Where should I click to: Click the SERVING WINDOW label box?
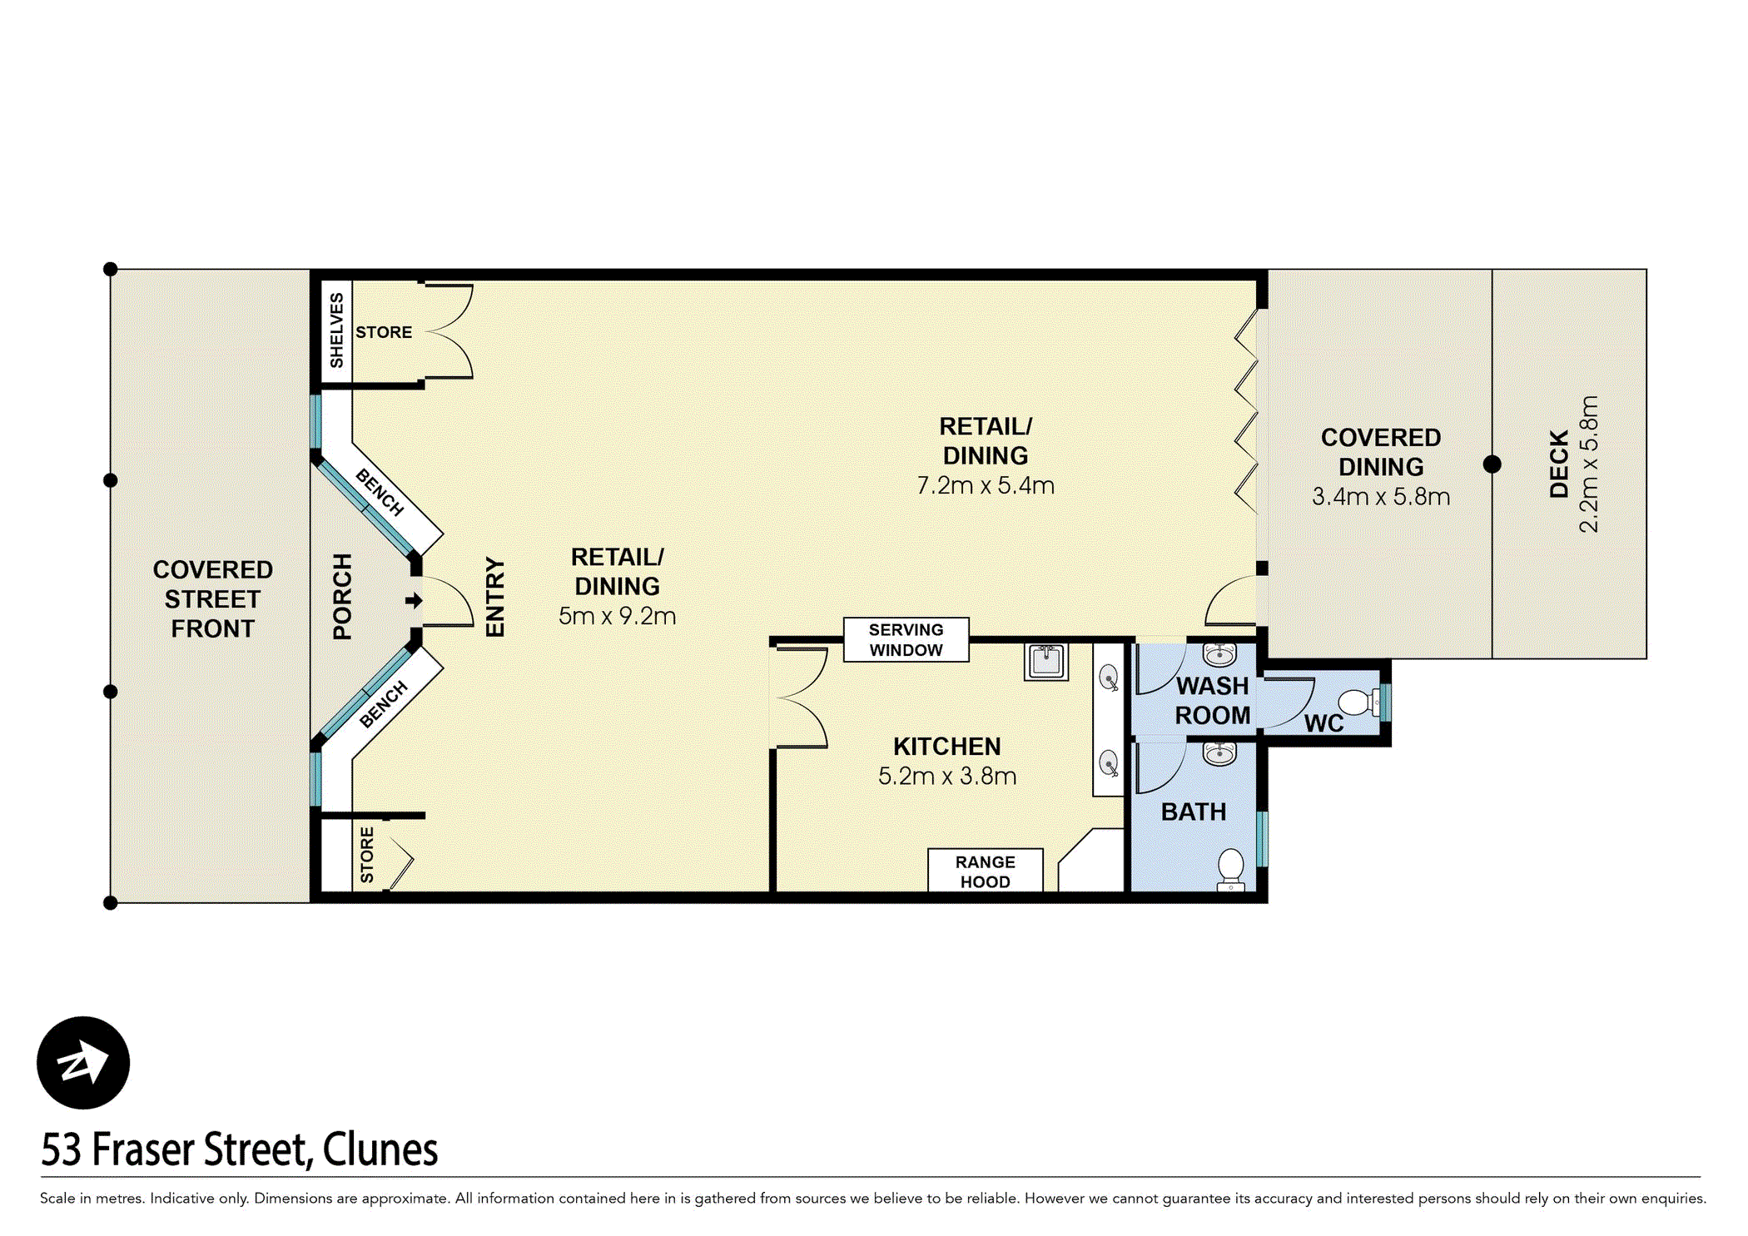point(906,639)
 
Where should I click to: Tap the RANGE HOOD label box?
point(985,871)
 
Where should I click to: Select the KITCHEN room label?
point(946,746)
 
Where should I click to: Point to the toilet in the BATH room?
point(1230,868)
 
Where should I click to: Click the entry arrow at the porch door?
point(414,600)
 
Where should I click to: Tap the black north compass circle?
point(83,1063)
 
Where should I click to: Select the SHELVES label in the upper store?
point(336,330)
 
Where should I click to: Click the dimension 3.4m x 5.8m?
point(1380,497)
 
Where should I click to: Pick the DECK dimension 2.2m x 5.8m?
point(1588,464)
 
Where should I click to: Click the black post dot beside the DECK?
point(1492,464)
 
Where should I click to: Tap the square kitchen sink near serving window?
point(1045,662)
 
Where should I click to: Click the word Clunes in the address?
point(380,1149)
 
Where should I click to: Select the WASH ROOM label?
point(1212,700)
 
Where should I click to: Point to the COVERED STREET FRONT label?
point(212,599)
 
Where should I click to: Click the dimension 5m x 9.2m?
point(617,616)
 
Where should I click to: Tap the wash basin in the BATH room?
point(1219,753)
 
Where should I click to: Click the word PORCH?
point(342,596)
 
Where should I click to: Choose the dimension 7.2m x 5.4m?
point(985,485)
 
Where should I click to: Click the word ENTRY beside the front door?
point(494,597)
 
